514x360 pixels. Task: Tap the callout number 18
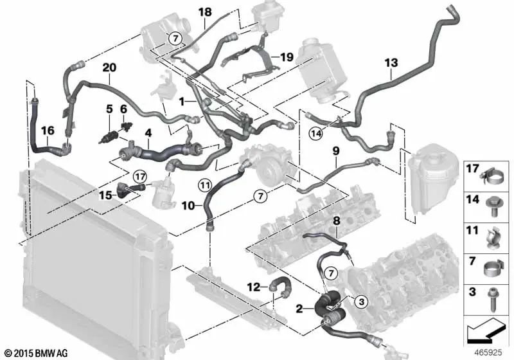coord(204,12)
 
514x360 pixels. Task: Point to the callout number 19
coord(287,57)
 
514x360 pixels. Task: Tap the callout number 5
coord(109,109)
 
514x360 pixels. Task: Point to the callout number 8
coord(335,221)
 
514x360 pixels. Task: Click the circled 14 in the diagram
coord(315,134)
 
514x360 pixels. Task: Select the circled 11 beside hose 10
coord(204,186)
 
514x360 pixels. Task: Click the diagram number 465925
coord(489,352)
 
